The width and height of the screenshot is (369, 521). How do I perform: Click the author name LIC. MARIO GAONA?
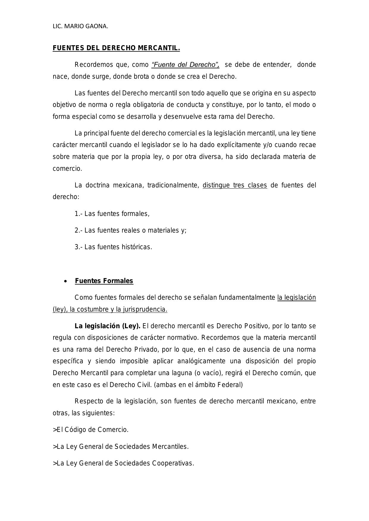click(x=80, y=26)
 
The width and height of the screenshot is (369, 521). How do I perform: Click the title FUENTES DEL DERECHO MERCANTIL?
click(x=116, y=48)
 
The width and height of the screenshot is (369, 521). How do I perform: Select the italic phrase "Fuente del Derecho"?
click(x=185, y=65)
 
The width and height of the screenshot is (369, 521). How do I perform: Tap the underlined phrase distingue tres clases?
click(x=235, y=185)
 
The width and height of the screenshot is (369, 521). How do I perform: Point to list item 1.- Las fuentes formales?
click(x=112, y=214)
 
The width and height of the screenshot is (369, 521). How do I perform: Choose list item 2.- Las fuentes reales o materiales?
click(x=131, y=230)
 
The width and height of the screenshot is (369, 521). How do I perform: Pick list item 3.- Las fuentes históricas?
click(x=113, y=247)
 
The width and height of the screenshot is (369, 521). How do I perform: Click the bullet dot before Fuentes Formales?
click(x=65, y=281)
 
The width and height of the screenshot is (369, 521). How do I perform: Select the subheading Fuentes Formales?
click(x=104, y=281)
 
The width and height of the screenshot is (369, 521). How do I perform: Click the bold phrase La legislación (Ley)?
click(x=107, y=326)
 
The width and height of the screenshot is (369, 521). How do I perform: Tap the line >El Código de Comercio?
click(x=91, y=430)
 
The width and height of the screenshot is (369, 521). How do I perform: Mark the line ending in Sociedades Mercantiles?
click(x=121, y=447)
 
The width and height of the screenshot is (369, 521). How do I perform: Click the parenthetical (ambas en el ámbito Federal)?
click(x=198, y=385)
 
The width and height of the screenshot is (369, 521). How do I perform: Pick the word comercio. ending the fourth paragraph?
click(x=67, y=169)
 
